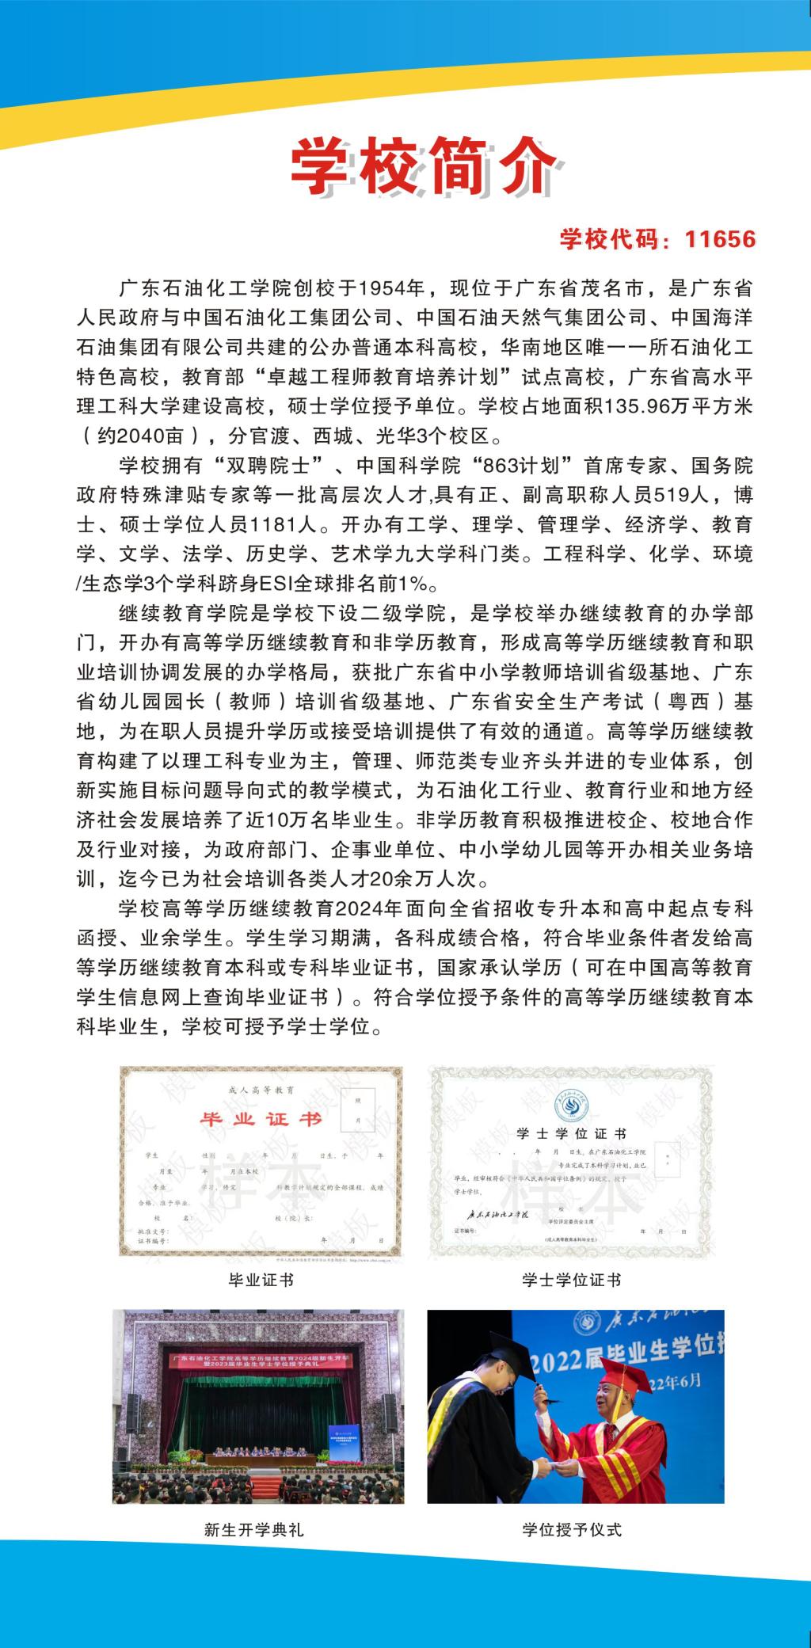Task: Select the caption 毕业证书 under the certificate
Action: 261,1279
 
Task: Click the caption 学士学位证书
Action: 571,1279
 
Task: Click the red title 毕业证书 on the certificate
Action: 261,1119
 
